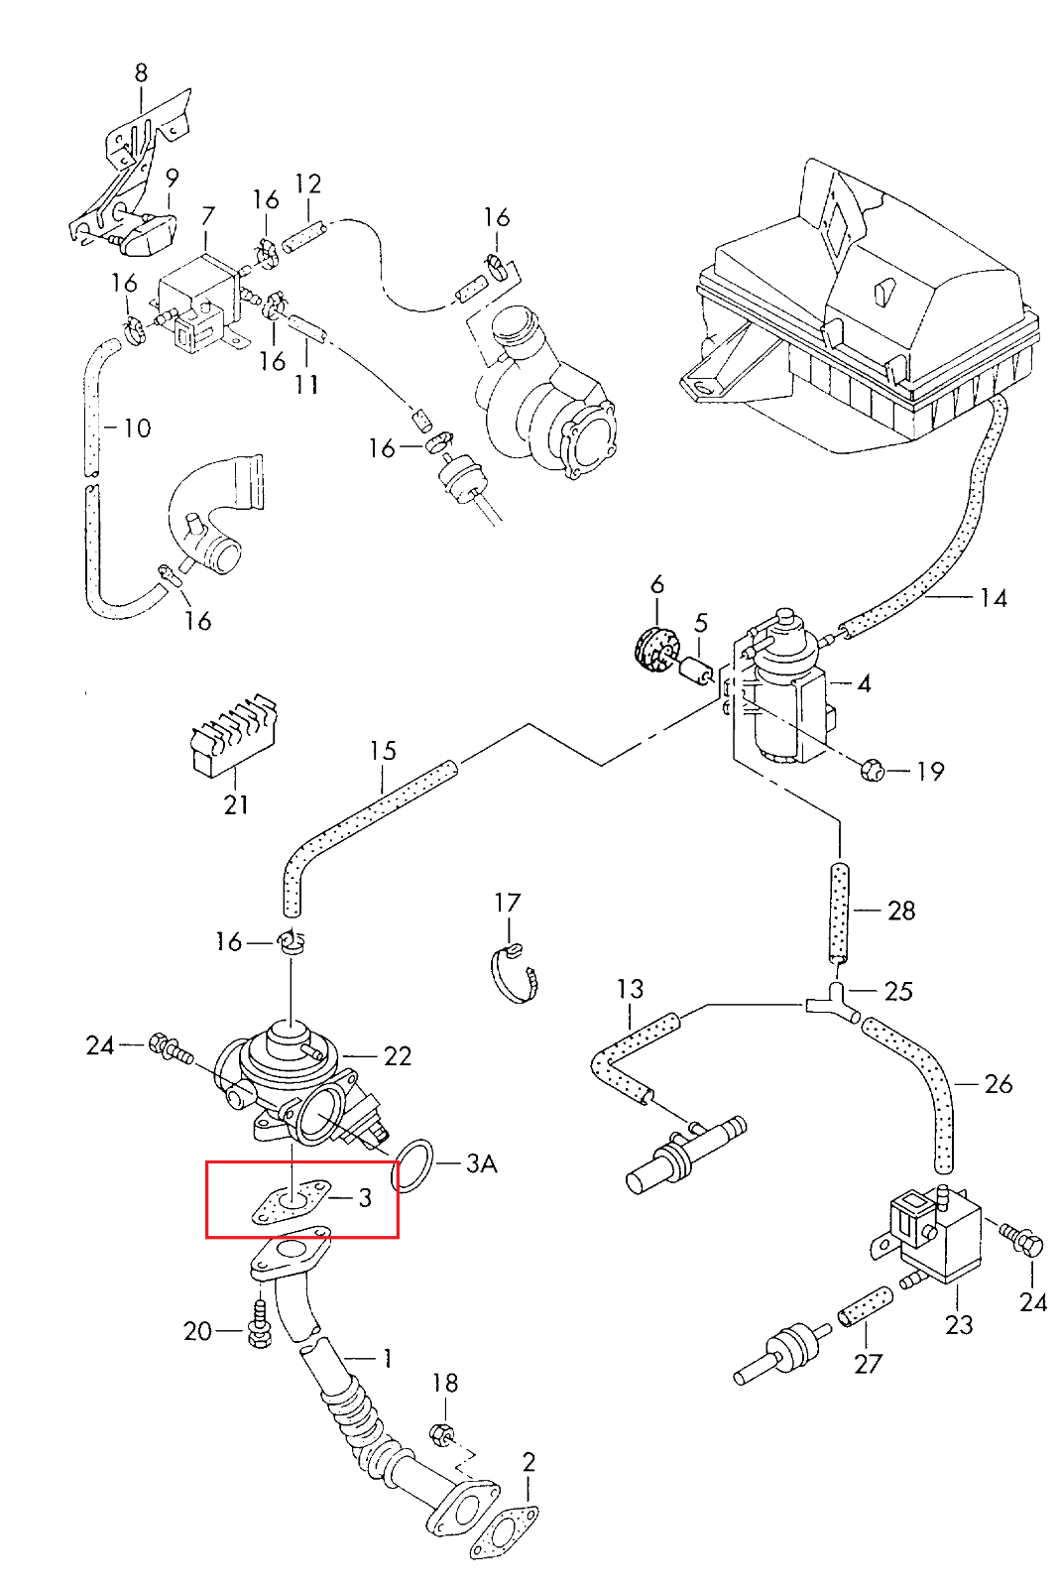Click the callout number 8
(x=141, y=72)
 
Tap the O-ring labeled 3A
(x=413, y=1164)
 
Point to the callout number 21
(x=236, y=803)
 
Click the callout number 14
(x=993, y=598)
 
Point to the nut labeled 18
(x=441, y=1433)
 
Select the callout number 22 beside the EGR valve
(x=397, y=1056)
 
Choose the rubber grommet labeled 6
(x=651, y=651)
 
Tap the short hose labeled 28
(x=839, y=911)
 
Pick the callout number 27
(x=868, y=1364)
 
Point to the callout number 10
(x=137, y=428)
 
